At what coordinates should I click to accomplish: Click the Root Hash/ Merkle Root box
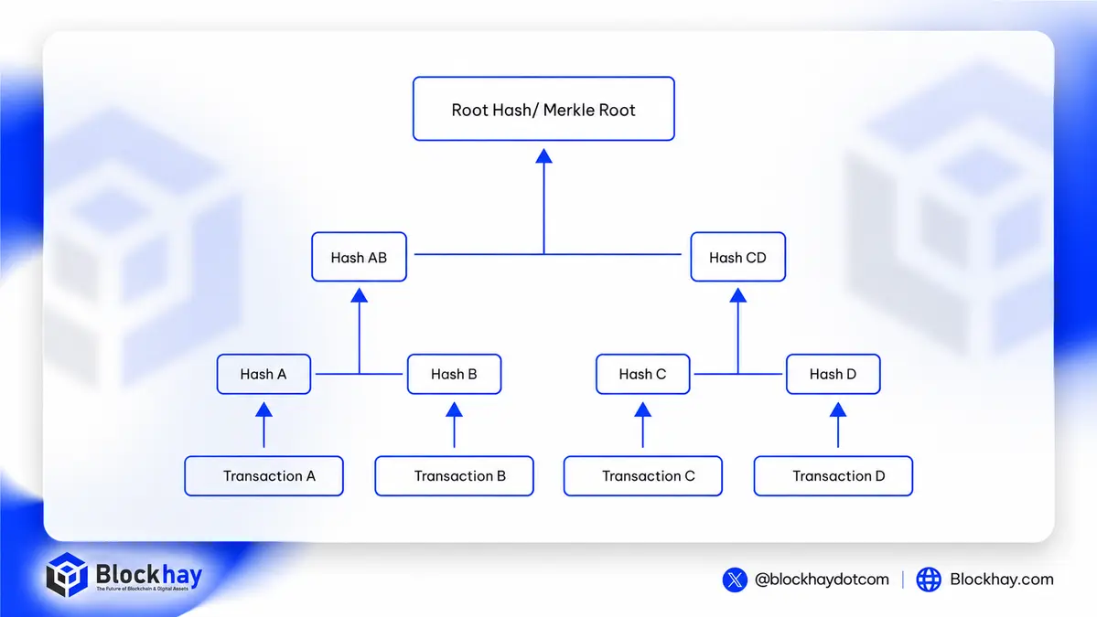(x=543, y=109)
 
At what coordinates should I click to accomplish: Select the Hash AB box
(x=359, y=257)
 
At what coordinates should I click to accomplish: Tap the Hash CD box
(x=737, y=257)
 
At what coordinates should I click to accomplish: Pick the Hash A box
(x=263, y=374)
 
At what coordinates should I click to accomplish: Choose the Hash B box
(x=454, y=374)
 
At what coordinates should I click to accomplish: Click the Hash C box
(x=643, y=374)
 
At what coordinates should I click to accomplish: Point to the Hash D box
(x=834, y=374)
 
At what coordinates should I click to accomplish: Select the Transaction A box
(x=263, y=476)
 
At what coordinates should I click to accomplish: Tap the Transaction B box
(x=454, y=476)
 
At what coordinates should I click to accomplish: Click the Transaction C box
(x=643, y=476)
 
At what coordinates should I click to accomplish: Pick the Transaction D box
(x=834, y=476)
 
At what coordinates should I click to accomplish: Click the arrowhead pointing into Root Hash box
(x=543, y=155)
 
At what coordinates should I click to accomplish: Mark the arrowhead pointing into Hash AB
(x=359, y=295)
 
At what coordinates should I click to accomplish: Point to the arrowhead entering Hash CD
(x=737, y=295)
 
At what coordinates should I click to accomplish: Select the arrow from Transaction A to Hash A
(x=263, y=425)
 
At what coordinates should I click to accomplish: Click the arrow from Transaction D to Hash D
(x=837, y=425)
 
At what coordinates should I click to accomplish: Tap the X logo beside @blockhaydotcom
(x=735, y=580)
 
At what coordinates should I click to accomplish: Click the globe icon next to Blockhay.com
(x=929, y=580)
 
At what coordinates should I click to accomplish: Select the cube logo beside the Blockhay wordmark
(x=67, y=574)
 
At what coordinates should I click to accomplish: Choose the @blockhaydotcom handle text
(x=822, y=580)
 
